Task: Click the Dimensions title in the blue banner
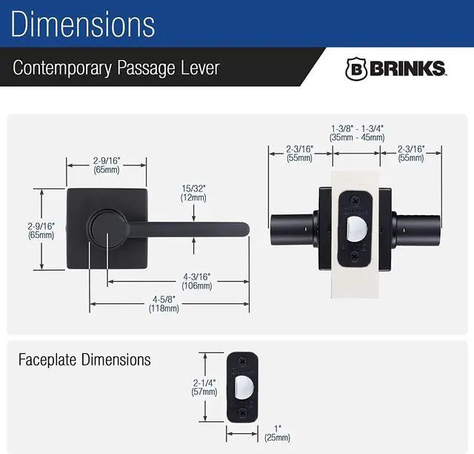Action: pos(83,24)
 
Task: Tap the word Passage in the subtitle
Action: pos(147,68)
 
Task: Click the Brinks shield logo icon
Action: pos(356,69)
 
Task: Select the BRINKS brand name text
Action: pos(407,68)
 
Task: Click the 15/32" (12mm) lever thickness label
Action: pos(193,193)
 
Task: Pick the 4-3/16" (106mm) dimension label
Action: pos(197,281)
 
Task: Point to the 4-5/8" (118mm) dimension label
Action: pos(164,304)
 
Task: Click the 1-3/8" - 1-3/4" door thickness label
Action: pos(357,134)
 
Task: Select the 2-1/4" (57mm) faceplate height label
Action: pos(204,387)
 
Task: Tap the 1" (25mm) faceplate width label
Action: pos(277,433)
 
